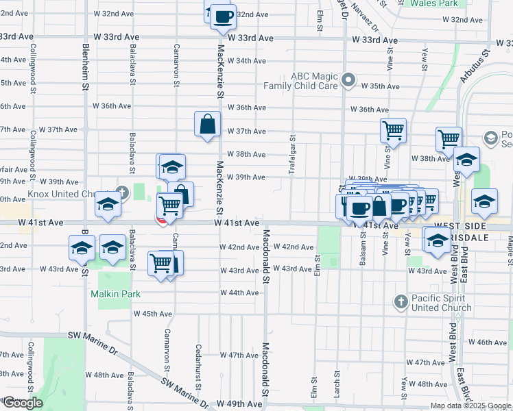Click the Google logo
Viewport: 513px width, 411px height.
click(x=22, y=403)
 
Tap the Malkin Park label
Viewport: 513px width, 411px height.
click(x=116, y=294)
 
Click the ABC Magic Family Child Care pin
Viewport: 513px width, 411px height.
click(x=348, y=81)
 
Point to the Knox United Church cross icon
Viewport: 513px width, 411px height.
click(x=122, y=191)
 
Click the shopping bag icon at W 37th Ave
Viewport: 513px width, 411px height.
click(x=207, y=125)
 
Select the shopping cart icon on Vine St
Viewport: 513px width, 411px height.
click(x=393, y=129)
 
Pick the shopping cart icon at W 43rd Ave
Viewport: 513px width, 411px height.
click(x=160, y=262)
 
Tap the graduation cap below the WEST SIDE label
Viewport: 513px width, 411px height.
click(x=437, y=240)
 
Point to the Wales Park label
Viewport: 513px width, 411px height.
click(x=433, y=3)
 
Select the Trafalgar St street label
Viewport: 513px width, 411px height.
click(x=292, y=158)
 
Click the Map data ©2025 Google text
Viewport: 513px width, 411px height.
click(x=470, y=406)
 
